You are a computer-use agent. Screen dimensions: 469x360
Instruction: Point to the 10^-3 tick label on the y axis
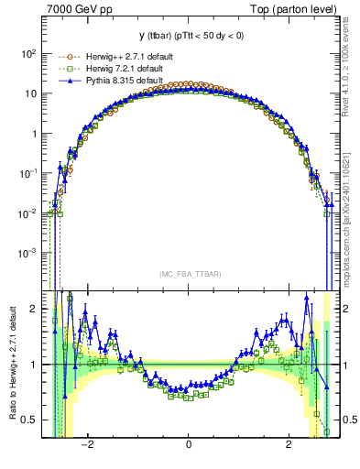[29, 252]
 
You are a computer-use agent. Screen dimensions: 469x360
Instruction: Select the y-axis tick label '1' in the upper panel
[35, 133]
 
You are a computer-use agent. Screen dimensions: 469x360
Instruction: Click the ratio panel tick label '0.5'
[29, 420]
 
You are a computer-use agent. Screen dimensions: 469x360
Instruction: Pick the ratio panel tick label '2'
[35, 309]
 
